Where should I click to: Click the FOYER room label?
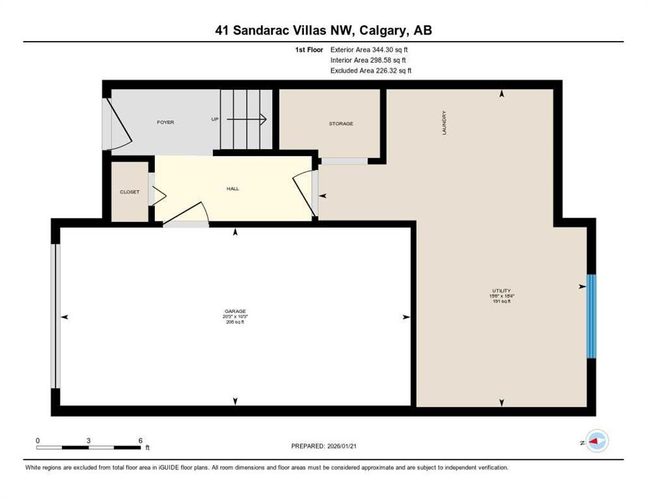click(165, 122)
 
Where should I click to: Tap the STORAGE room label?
click(340, 124)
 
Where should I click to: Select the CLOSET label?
click(130, 192)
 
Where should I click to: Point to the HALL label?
click(232, 189)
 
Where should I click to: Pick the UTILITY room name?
click(501, 290)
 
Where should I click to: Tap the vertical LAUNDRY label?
click(445, 122)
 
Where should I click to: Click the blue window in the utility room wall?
click(591, 316)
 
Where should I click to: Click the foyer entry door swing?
click(121, 127)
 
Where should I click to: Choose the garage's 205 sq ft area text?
click(235, 322)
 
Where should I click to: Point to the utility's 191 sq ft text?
click(501, 301)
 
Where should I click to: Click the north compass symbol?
click(596, 442)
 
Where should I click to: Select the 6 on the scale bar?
click(140, 441)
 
